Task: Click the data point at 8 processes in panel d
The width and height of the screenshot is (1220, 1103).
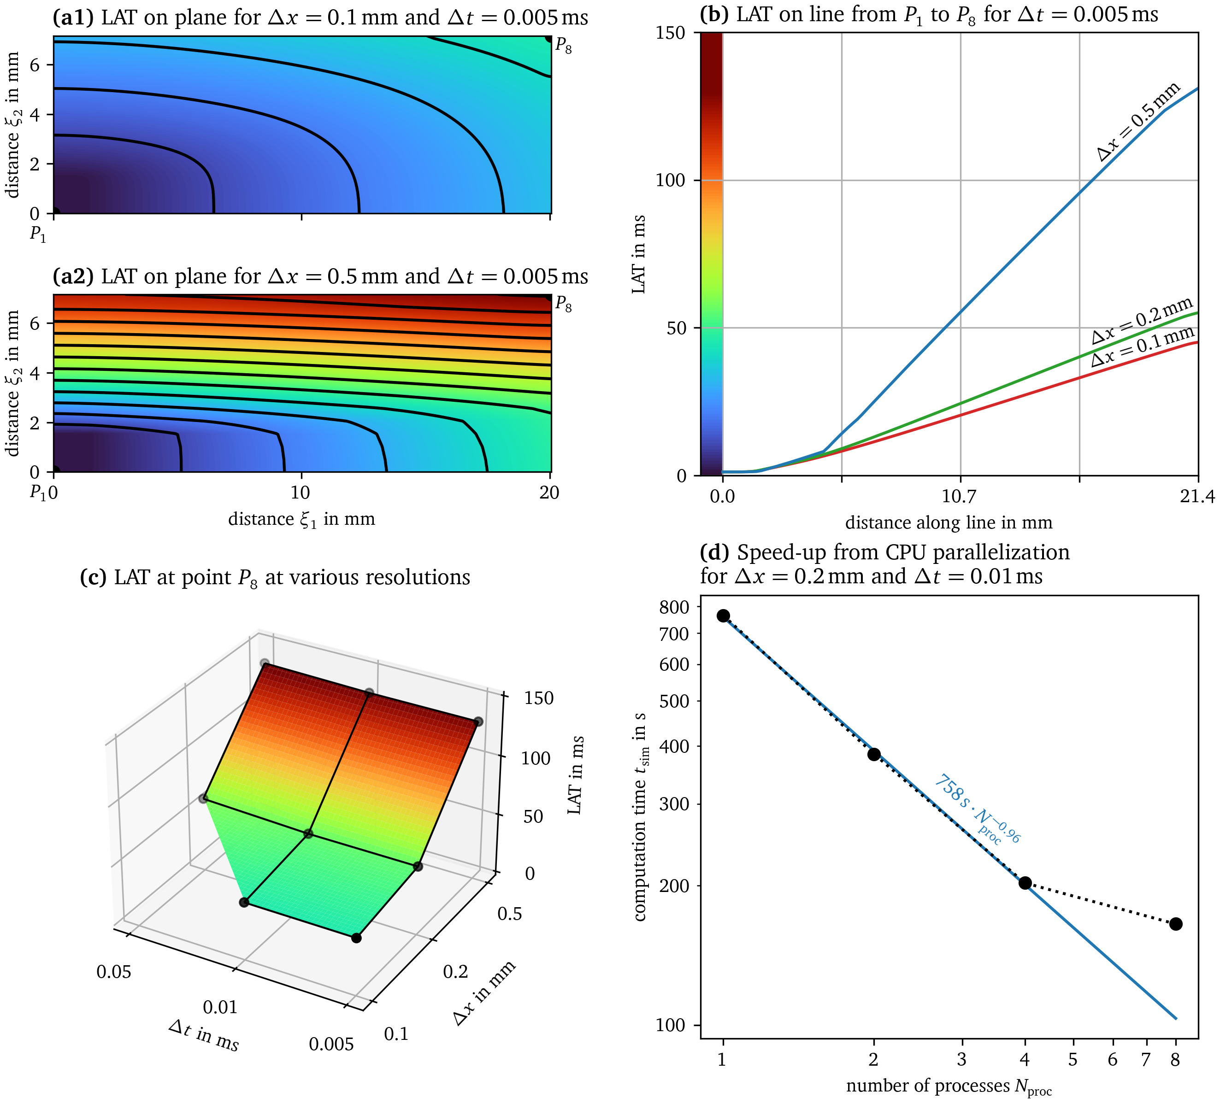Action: pos(1175,924)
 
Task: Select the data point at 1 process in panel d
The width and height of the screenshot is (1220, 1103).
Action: pos(723,616)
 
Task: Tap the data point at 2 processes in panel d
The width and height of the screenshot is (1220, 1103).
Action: pos(874,755)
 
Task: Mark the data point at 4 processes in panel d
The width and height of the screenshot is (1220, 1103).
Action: pos(1025,883)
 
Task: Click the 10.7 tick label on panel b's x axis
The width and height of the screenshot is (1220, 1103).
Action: pos(960,497)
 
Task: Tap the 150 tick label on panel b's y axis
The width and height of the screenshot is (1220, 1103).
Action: pos(671,33)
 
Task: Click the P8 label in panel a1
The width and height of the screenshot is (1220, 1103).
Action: pos(563,46)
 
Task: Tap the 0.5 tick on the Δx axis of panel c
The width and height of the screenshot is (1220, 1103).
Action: pos(510,914)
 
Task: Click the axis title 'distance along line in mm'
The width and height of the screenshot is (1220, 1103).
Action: pos(948,523)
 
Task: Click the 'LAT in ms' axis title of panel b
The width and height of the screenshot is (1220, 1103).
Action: pos(638,254)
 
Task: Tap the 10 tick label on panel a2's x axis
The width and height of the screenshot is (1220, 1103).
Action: pos(301,493)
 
